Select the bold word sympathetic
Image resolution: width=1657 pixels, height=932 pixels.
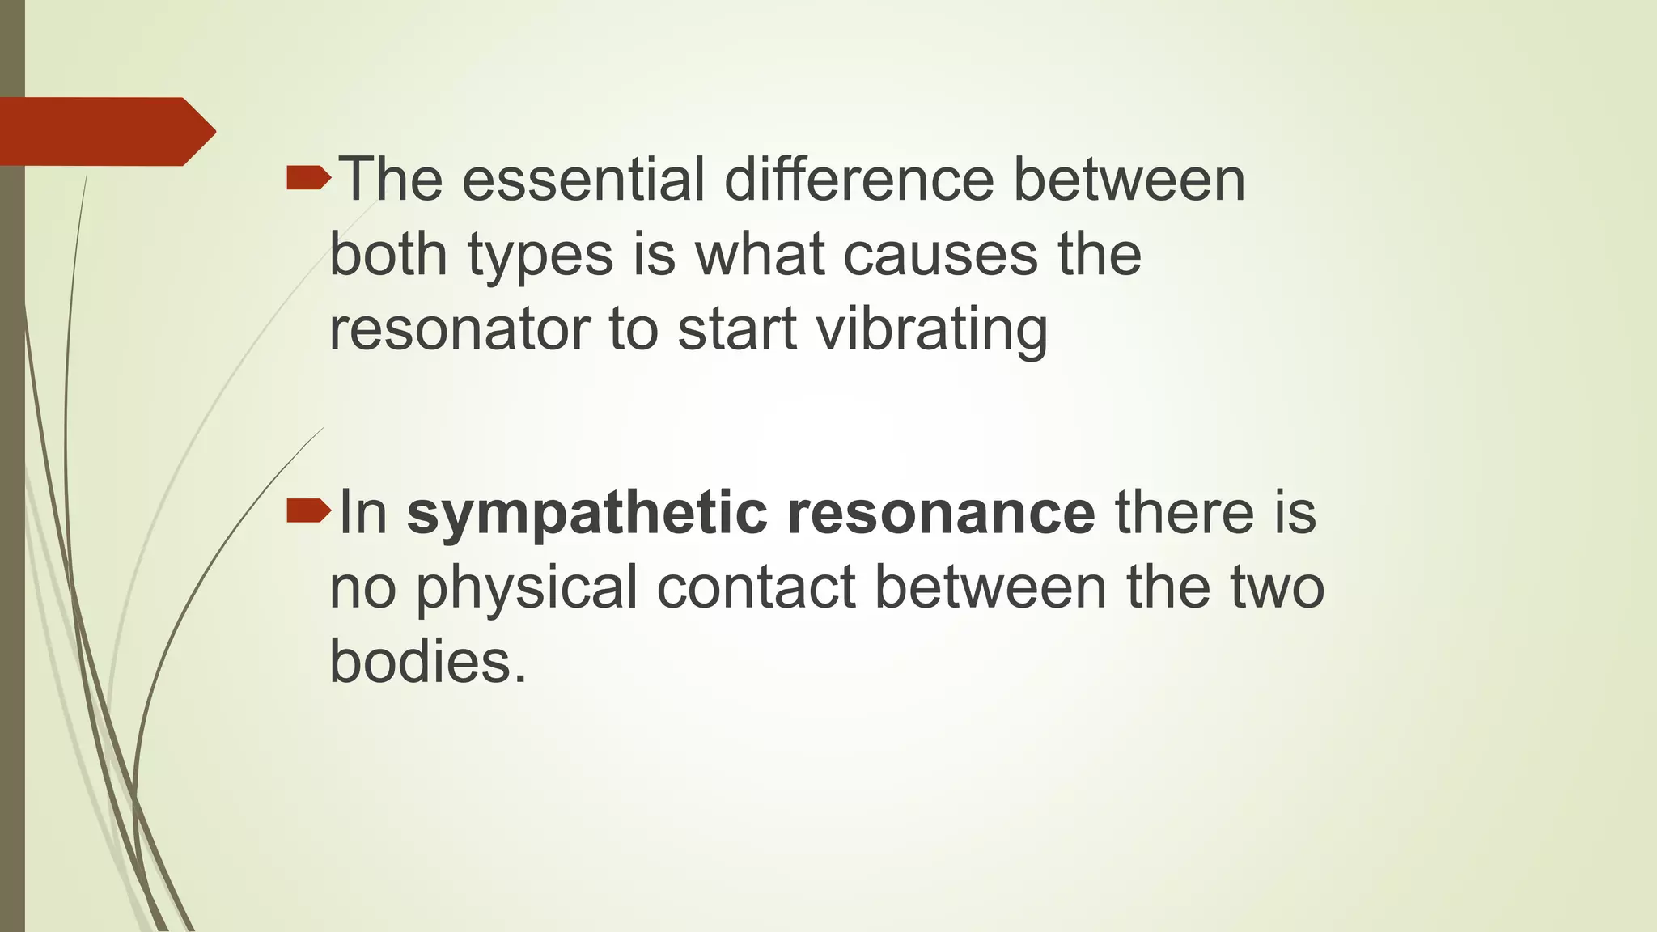[x=587, y=513]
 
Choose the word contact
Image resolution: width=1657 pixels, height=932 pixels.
[x=756, y=587]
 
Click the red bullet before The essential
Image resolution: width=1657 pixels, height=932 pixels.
[x=308, y=177]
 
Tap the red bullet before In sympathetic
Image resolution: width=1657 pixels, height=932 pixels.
[x=308, y=510]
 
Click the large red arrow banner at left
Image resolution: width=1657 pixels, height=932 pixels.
[x=105, y=131]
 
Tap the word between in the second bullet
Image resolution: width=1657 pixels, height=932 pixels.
[x=990, y=587]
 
